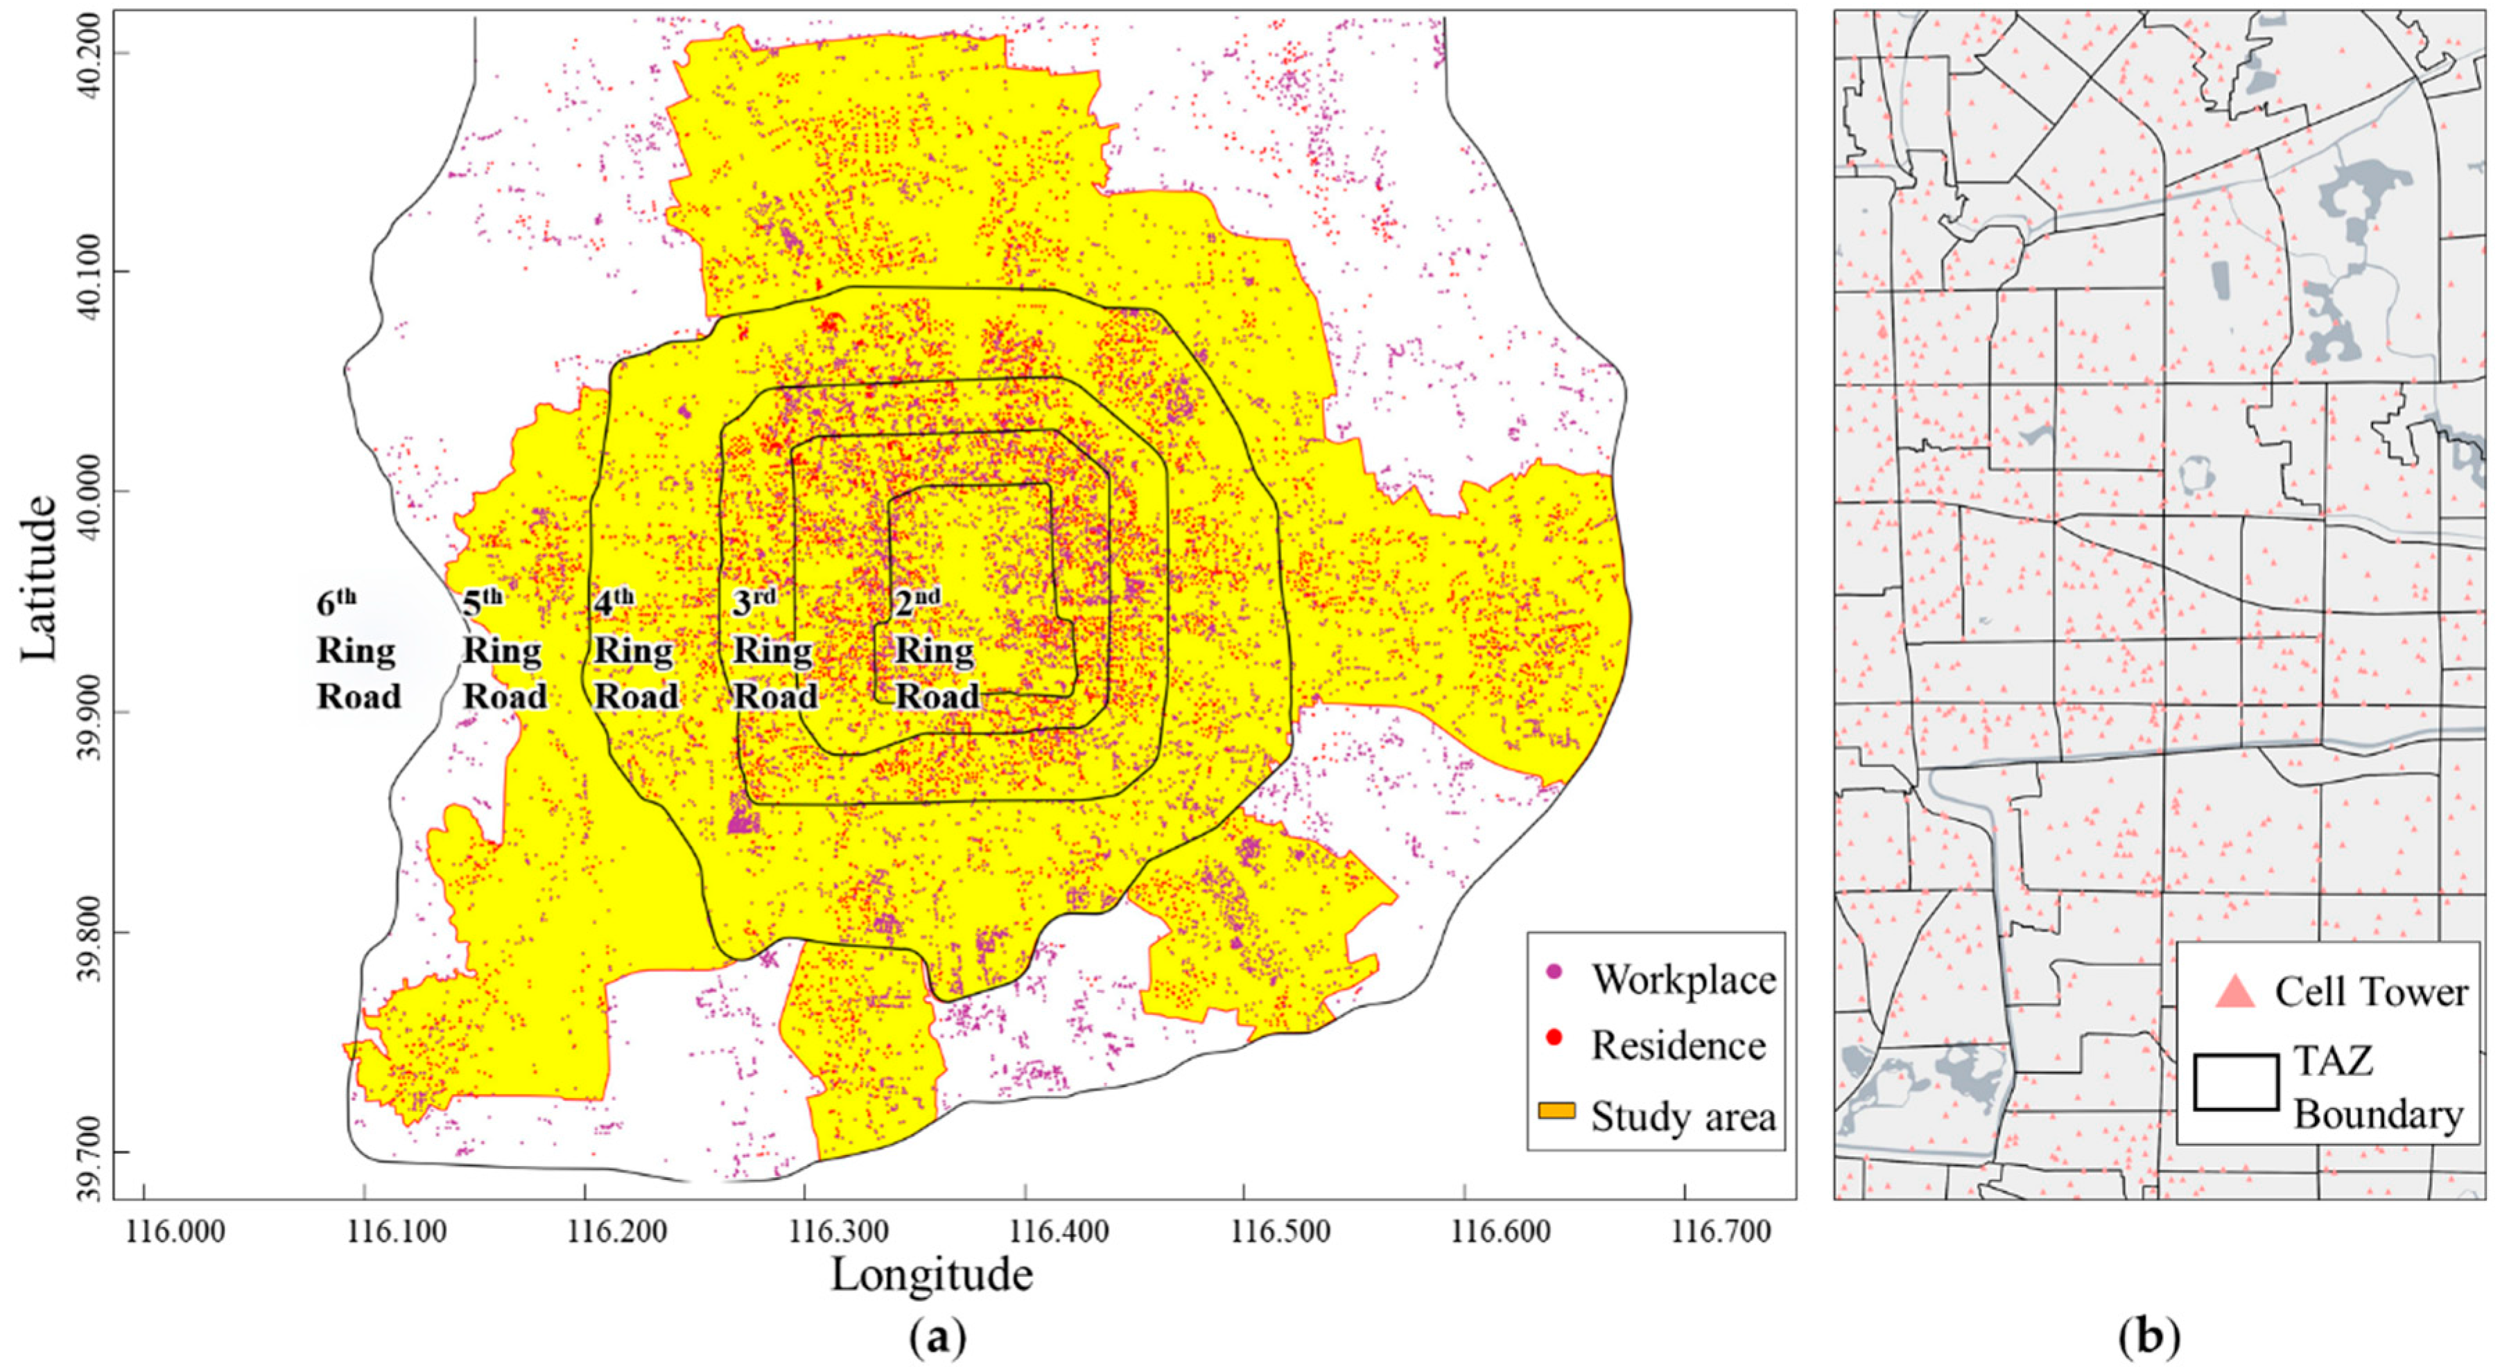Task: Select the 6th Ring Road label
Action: [x=358, y=651]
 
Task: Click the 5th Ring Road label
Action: [x=503, y=651]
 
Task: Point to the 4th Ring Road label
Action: [x=635, y=651]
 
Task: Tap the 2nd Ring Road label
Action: [x=935, y=651]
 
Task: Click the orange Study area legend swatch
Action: [x=1556, y=1111]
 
